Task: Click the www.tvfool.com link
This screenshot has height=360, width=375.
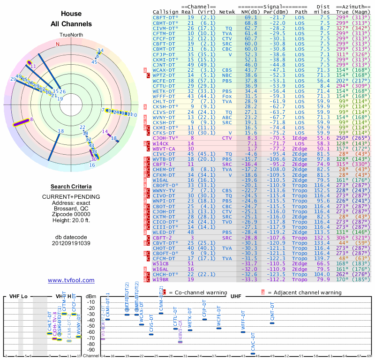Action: click(x=71, y=280)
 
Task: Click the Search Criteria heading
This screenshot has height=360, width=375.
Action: click(x=71, y=186)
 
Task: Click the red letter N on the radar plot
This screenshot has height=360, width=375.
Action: click(x=58, y=45)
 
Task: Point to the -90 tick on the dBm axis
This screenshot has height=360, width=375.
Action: click(x=91, y=350)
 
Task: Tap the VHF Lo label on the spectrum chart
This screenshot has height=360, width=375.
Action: click(x=18, y=297)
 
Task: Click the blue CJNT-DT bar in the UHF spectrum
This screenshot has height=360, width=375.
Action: click(x=272, y=323)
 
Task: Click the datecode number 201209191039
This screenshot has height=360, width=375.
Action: click(x=71, y=243)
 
